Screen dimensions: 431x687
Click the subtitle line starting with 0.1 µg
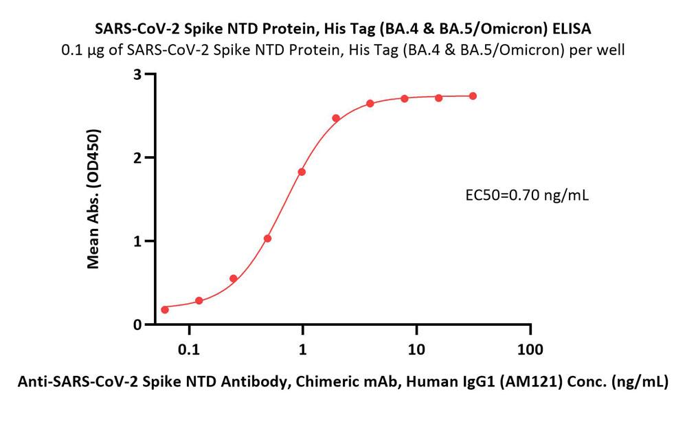coord(343,49)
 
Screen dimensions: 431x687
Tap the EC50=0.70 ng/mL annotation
coord(527,195)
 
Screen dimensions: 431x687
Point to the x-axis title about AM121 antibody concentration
coord(342,382)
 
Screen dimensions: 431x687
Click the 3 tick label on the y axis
coord(137,74)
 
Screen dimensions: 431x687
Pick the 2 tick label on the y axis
coord(137,157)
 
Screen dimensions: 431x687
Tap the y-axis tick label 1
coord(137,241)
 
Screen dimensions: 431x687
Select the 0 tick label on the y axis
coord(137,324)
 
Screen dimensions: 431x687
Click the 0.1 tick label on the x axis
coord(188,349)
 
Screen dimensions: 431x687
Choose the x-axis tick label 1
coord(302,349)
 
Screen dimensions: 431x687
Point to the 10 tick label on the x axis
coord(416,349)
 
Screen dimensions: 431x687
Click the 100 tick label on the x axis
coord(529,349)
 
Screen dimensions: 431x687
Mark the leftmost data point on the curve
coord(165,309)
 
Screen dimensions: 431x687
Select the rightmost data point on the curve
coord(473,96)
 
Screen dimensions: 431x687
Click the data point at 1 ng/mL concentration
coord(302,172)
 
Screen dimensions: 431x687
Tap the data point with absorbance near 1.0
coord(267,239)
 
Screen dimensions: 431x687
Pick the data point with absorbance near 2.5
coord(336,118)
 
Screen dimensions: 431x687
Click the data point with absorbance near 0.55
coord(234,278)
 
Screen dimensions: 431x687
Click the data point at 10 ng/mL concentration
coord(405,98)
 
